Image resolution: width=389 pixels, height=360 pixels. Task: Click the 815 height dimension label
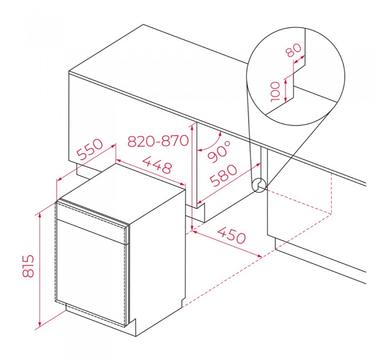(x=28, y=266)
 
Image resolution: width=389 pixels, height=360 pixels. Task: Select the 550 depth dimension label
(x=90, y=149)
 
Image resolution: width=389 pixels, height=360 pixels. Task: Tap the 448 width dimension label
(x=157, y=165)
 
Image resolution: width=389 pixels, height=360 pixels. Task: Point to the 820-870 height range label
(x=158, y=141)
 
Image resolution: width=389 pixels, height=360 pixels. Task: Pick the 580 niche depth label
(x=223, y=175)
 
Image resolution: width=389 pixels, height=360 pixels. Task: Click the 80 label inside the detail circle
(x=293, y=50)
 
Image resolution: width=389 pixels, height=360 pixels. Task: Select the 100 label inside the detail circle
(x=275, y=91)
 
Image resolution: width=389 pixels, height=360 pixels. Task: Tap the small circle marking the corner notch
(x=259, y=185)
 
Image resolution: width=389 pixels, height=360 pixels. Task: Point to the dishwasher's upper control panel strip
(x=92, y=221)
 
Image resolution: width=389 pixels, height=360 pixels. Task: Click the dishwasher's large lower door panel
(x=91, y=273)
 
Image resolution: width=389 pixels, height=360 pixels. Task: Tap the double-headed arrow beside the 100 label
(x=286, y=90)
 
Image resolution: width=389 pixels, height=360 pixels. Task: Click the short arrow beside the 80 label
(x=299, y=59)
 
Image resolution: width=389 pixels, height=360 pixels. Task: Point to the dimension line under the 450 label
(x=227, y=245)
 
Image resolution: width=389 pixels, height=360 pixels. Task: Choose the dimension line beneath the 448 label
(x=151, y=172)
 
